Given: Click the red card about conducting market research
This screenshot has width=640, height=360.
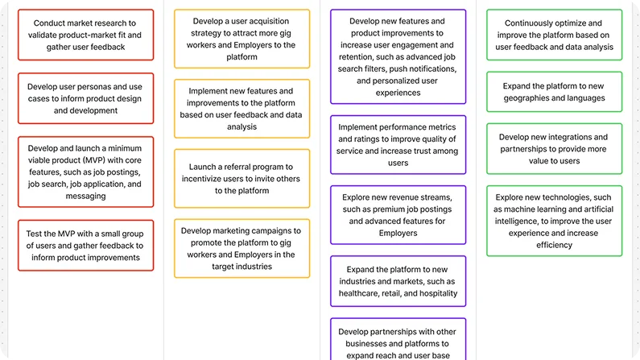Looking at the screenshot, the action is [85, 35].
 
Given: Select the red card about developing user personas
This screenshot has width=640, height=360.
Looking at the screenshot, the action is [85, 98].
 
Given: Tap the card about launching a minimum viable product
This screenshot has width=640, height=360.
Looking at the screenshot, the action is [85, 172].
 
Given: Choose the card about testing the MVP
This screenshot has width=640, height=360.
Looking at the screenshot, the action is [85, 246].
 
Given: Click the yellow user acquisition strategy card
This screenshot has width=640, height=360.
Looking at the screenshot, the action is [242, 39].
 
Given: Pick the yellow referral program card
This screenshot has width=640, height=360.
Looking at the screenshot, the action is [242, 178].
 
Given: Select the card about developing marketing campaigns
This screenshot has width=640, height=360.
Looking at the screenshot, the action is [242, 248].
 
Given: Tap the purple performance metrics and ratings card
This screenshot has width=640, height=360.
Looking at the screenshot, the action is [398, 145].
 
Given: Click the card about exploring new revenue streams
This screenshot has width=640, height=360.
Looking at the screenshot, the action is [398, 215].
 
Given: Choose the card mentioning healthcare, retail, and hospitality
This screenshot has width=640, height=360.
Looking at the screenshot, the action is [398, 281].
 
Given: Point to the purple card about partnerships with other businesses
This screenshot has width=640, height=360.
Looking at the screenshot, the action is [398, 339].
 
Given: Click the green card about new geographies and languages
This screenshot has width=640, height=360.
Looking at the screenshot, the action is [555, 92].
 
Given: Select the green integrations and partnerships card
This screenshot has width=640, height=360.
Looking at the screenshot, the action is [555, 149].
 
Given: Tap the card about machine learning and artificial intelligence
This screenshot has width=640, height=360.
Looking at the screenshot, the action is [555, 221].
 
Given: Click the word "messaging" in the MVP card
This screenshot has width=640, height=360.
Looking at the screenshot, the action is [85, 197].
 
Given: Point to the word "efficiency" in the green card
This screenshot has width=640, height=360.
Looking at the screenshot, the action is [555, 245].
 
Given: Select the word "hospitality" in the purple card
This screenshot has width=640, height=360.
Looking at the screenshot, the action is [439, 293].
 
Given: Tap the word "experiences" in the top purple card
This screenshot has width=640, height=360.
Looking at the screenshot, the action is [398, 93].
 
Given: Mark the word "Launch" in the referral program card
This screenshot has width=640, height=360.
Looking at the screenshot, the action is [201, 167].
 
